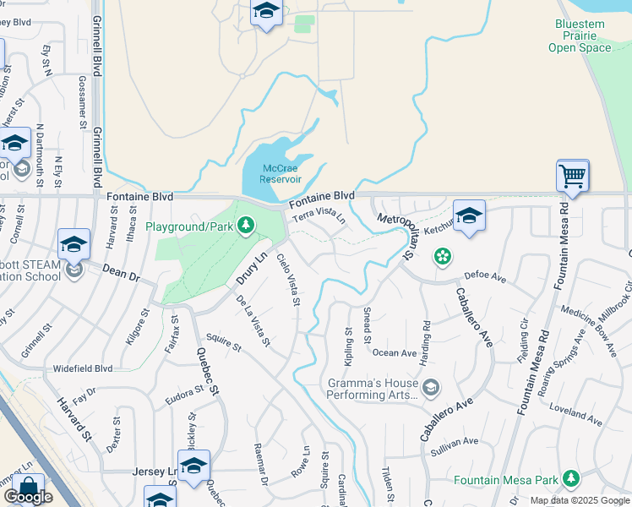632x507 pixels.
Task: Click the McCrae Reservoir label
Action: (x=280, y=173)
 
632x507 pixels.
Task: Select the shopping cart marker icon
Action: (x=572, y=177)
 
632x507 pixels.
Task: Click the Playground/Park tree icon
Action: (x=245, y=226)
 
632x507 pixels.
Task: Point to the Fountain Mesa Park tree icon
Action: (x=571, y=479)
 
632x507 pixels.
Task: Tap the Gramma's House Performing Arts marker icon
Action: (x=431, y=388)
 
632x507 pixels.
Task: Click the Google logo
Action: (x=28, y=497)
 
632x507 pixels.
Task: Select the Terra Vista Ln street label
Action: (x=319, y=217)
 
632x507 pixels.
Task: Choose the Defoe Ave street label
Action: (x=485, y=276)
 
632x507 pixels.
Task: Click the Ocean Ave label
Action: (x=395, y=353)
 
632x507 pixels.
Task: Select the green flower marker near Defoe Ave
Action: (x=441, y=255)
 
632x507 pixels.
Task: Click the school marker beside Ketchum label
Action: (x=469, y=216)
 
